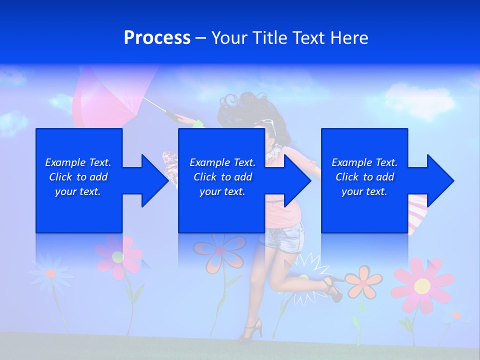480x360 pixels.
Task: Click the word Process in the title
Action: coord(157,38)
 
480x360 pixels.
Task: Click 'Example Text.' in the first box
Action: coord(78,162)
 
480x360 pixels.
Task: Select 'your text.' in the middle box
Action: coord(222,191)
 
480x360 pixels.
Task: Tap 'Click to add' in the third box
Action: coord(364,177)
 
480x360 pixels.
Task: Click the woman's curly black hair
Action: coord(240,107)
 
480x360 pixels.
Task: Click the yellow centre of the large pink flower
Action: coord(422,285)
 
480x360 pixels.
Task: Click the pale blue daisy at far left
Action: coord(50,273)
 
